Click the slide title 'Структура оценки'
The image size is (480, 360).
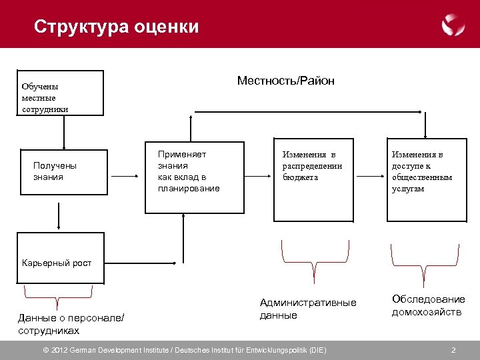[x=116, y=27]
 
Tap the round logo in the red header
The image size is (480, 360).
[x=453, y=25]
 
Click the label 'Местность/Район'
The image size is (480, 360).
[x=285, y=81]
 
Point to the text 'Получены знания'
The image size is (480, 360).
[x=55, y=171]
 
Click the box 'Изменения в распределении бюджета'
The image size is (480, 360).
[x=313, y=180]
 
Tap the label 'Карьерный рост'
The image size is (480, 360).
[x=57, y=263]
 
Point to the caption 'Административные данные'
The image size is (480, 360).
[x=307, y=309]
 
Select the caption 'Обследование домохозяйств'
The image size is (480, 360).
[x=428, y=305]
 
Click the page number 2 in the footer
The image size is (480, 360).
[x=453, y=350]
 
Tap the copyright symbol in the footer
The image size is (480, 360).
[x=46, y=350]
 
